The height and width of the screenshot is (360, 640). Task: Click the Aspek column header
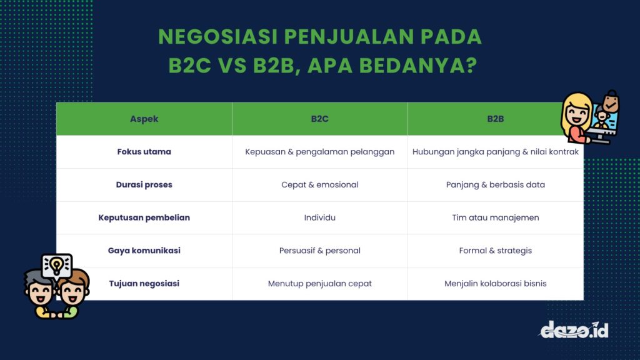tap(144, 119)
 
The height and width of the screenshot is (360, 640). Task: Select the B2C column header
tap(319, 119)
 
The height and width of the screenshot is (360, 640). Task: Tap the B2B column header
tap(495, 119)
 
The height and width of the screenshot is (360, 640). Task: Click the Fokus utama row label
tap(144, 152)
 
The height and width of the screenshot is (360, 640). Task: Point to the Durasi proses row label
tap(144, 185)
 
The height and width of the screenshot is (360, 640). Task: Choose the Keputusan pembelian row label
tap(144, 217)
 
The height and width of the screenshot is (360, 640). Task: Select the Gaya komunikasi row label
tap(144, 251)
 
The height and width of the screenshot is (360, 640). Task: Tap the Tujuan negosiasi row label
tap(144, 284)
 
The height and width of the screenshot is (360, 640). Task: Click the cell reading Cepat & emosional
tap(319, 185)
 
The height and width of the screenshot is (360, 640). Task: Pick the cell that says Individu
tap(319, 217)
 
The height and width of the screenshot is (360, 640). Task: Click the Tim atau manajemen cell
tap(495, 217)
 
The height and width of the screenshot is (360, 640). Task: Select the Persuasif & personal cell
tap(319, 251)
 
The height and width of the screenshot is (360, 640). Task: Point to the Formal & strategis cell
tap(495, 251)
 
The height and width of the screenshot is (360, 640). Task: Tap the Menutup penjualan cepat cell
tap(319, 284)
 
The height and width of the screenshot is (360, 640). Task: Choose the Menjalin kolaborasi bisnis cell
tap(495, 284)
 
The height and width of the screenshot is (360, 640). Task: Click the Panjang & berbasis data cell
tap(495, 185)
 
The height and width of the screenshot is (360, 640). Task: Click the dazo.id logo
tap(574, 329)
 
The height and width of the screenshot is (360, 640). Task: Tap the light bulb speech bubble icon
tap(57, 266)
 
